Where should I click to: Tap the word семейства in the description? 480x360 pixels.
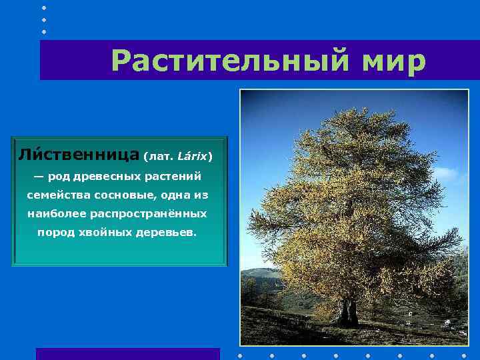pos(53,195)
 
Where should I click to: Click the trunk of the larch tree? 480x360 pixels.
pos(349,311)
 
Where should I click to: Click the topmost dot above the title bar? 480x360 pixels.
pos(44,7)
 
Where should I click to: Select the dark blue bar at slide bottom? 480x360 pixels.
pos(127,353)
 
